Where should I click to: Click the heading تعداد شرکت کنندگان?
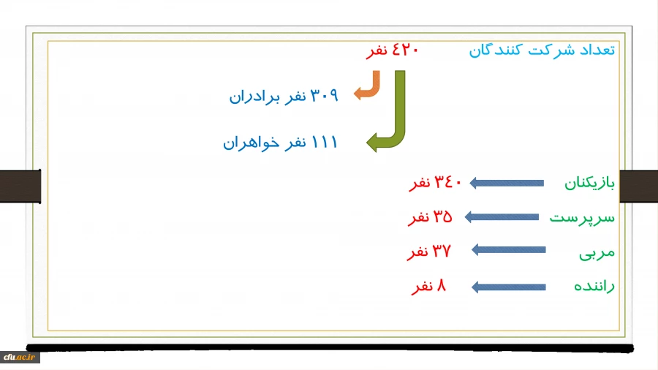pos(542,50)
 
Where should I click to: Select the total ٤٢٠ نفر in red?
pos(393,50)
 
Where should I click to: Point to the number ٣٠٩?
pos(324,96)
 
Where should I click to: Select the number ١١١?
pos(325,142)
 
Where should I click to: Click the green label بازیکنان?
pos(589,183)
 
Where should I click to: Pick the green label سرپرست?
pos(582,218)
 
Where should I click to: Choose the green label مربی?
pos(597,253)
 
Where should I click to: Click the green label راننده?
pos(594,286)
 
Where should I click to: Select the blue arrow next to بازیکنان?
pos(507,183)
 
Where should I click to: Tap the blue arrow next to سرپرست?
pos(502,217)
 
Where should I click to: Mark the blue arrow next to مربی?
pos(509,250)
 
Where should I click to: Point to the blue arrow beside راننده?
pos(509,287)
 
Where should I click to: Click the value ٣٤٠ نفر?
pos(435,183)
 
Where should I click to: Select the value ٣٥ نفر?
pos(430,217)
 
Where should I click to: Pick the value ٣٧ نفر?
pos(429,252)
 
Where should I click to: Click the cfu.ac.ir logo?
pos(20,357)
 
